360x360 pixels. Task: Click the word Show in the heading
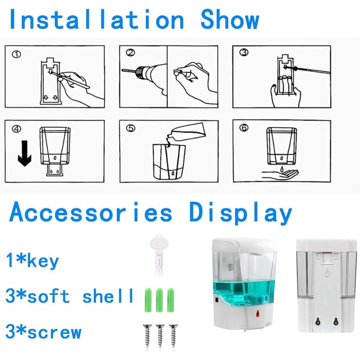[229, 20]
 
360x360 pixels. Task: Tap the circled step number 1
[17, 55]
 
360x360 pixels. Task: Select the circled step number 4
[17, 129]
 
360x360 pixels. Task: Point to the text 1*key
[33, 261]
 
